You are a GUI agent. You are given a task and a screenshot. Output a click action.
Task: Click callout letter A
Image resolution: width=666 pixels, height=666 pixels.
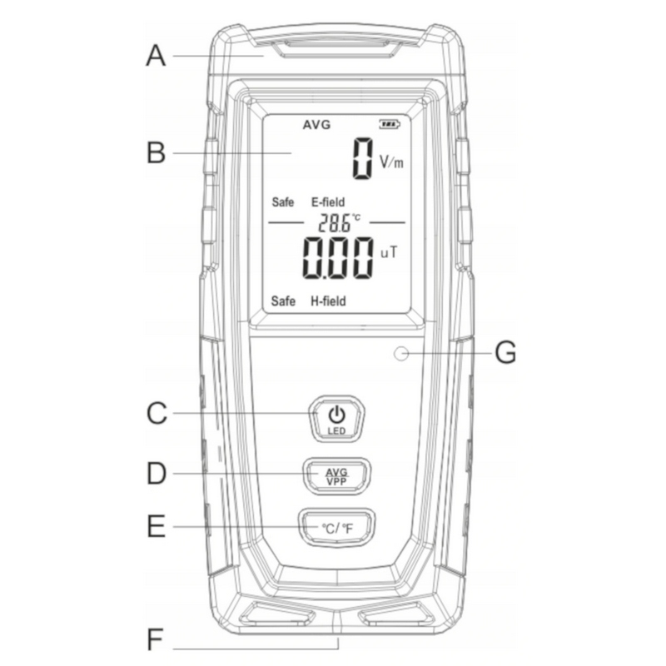pyautogui.click(x=156, y=56)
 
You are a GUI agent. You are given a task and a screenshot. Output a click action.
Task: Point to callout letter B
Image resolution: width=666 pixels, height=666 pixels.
pyautogui.click(x=156, y=154)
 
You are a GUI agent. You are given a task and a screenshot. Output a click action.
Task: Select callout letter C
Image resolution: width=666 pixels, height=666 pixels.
pyautogui.click(x=156, y=413)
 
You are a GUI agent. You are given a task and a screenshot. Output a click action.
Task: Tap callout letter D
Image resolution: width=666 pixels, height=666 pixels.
pyautogui.click(x=156, y=474)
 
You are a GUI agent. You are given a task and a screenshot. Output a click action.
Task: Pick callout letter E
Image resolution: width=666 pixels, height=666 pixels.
pyautogui.click(x=156, y=526)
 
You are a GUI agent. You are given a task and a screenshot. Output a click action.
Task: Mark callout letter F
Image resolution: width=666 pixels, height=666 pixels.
pyautogui.click(x=156, y=641)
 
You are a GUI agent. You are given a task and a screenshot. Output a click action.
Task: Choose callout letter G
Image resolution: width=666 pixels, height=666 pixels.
pyautogui.click(x=505, y=353)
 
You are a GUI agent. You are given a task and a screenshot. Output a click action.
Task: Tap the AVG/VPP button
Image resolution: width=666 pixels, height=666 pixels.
pyautogui.click(x=336, y=475)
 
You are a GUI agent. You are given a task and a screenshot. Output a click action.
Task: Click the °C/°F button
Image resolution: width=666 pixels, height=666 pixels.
pyautogui.click(x=336, y=527)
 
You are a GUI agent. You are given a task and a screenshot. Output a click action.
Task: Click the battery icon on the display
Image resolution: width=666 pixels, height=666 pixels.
pyautogui.click(x=390, y=125)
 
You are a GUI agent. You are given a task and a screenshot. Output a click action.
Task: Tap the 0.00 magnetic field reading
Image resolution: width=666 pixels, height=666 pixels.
pyautogui.click(x=337, y=257)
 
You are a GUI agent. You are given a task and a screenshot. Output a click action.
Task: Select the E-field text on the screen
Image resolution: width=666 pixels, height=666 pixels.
pyautogui.click(x=328, y=202)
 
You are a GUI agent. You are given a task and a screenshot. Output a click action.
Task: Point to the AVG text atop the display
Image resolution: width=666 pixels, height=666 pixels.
pyautogui.click(x=316, y=125)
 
